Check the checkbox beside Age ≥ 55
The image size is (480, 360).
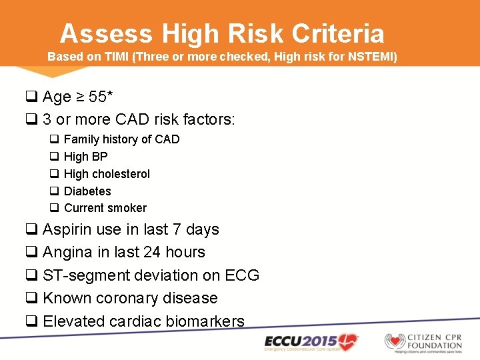[x=31, y=97]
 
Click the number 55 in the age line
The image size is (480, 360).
[x=97, y=97]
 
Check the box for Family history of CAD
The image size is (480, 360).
[x=54, y=139]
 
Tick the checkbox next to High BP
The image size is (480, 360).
[x=54, y=157]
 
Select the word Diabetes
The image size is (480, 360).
[x=87, y=191]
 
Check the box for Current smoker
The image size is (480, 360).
[x=54, y=209]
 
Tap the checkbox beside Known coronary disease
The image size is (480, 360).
[x=31, y=299]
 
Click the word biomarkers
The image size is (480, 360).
[x=205, y=321]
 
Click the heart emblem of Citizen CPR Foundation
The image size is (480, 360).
[x=395, y=341]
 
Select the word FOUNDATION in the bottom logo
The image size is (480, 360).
[x=434, y=345]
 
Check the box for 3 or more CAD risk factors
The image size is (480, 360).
[x=31, y=121]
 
